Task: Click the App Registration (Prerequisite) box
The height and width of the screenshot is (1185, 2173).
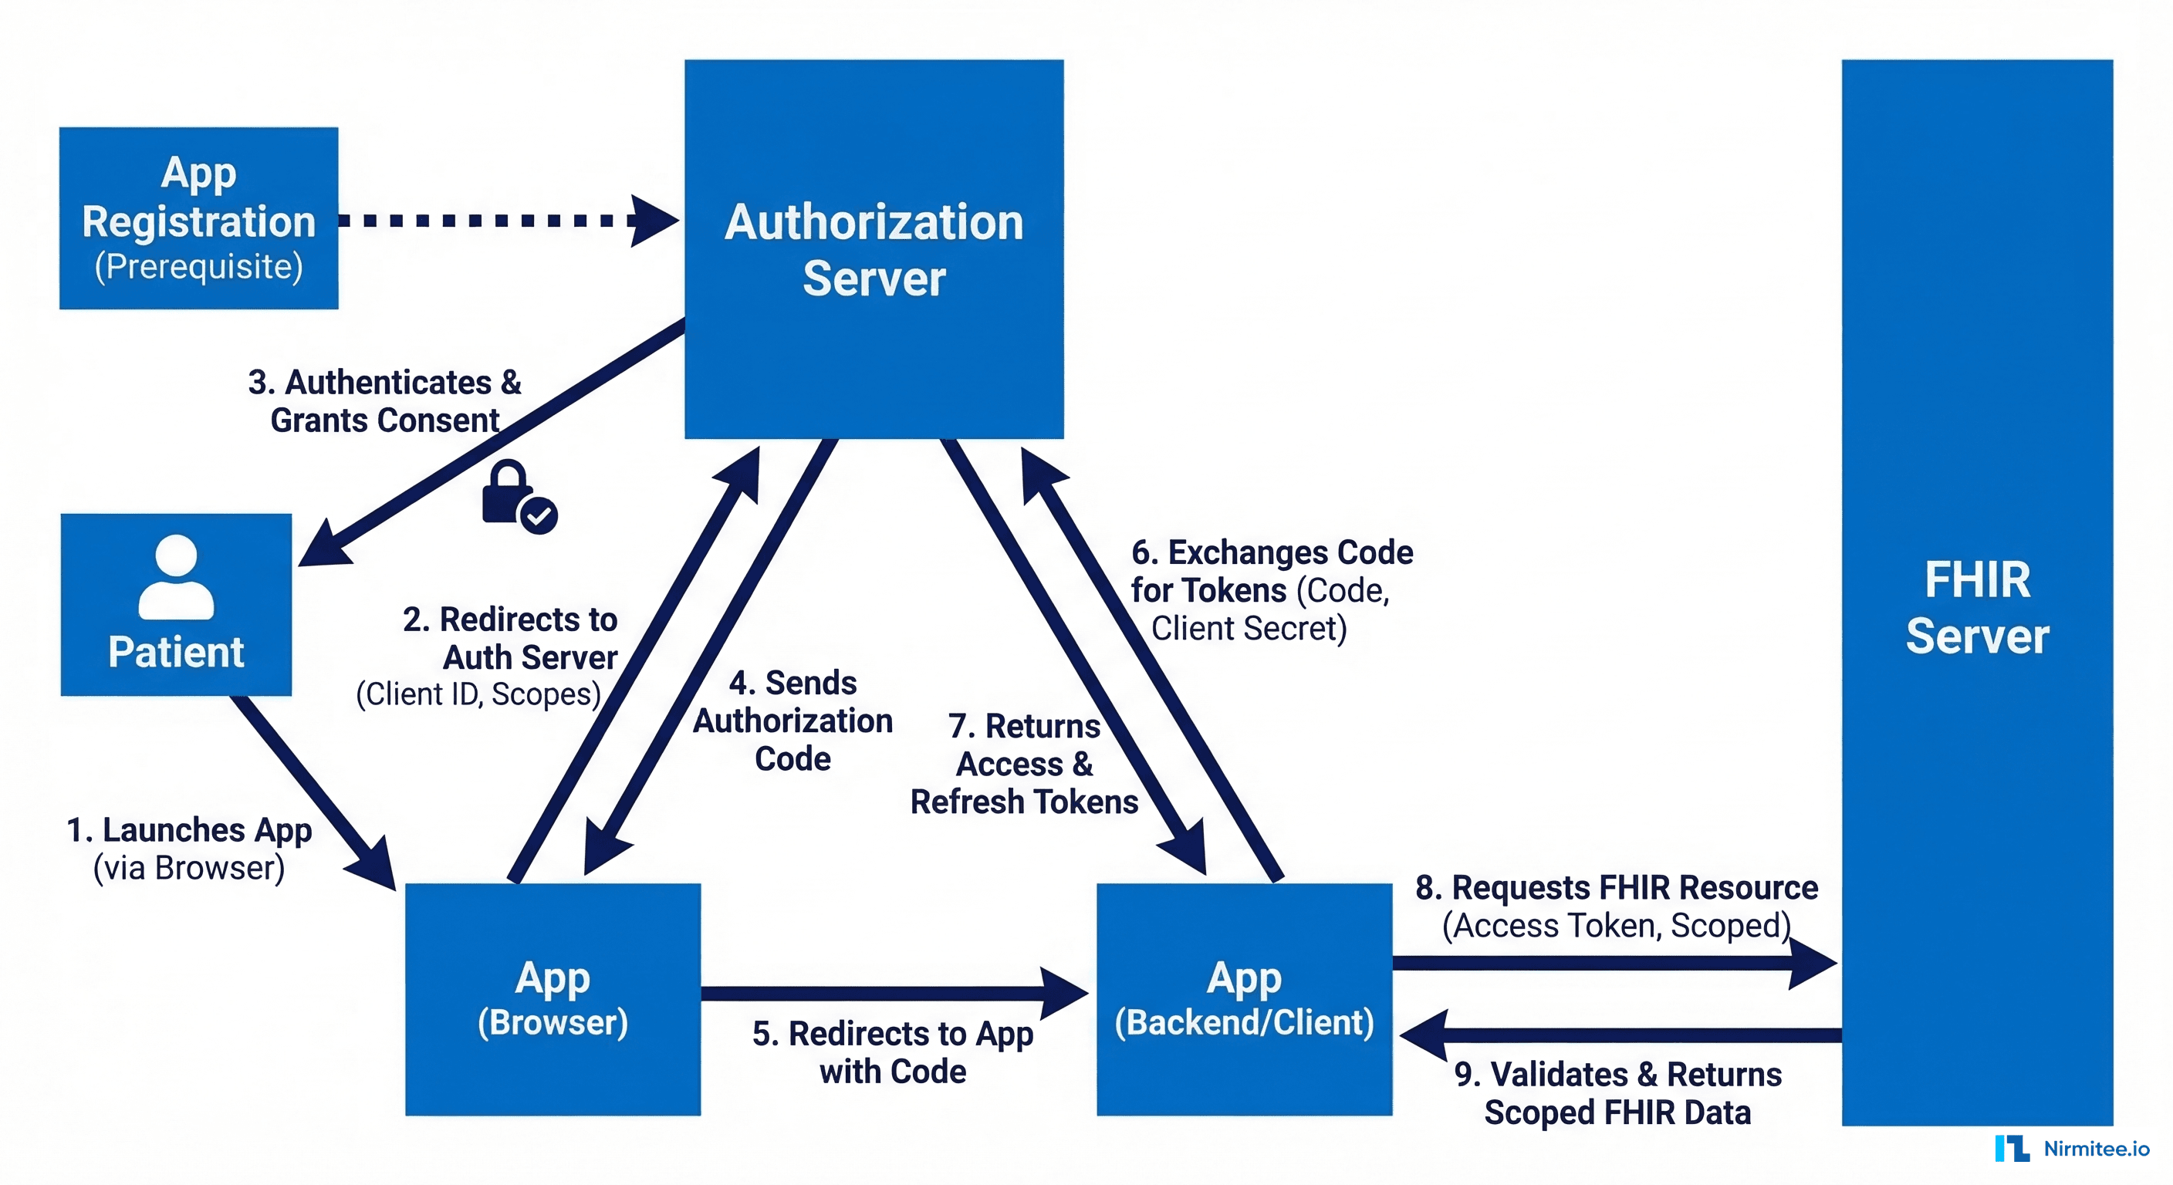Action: point(198,218)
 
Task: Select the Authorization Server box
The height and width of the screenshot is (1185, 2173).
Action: point(874,249)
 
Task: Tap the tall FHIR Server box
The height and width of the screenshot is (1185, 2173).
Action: point(1976,590)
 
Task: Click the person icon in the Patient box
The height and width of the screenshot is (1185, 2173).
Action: point(176,577)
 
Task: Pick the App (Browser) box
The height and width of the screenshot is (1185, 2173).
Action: point(553,999)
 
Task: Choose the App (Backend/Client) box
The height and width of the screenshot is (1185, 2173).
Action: point(1243,999)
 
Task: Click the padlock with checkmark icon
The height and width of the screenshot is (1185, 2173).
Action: point(517,498)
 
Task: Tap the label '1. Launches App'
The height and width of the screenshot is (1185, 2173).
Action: point(189,830)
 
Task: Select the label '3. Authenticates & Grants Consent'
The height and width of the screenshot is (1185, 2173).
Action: point(384,400)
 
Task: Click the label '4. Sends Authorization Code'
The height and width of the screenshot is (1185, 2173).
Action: point(793,721)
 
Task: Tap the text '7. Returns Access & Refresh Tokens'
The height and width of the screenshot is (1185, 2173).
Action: point(1024,764)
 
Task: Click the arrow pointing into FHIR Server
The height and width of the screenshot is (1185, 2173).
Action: point(1611,963)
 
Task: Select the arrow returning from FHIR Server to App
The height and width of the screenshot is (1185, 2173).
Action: point(1620,1035)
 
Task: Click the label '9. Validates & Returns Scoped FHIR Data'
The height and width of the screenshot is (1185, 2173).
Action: point(1617,1093)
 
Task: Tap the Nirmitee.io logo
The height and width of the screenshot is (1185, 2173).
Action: point(2072,1149)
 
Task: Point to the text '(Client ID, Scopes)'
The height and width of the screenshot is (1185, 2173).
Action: point(478,694)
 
